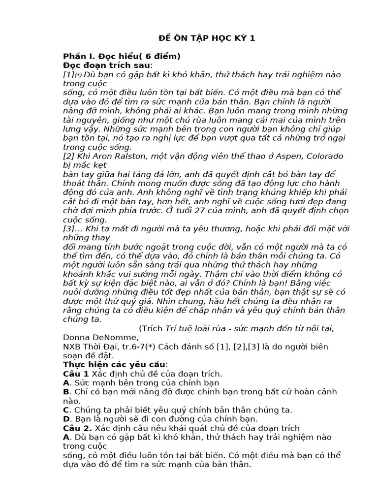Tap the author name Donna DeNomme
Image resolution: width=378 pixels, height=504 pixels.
click(x=101, y=337)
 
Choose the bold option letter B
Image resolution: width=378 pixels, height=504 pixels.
click(x=66, y=392)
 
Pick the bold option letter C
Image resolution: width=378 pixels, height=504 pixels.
click(x=66, y=409)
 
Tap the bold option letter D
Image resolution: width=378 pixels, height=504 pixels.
click(x=66, y=419)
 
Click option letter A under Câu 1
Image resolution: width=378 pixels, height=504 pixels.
click(x=66, y=382)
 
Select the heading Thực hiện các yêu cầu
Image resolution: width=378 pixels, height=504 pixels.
click(x=115, y=364)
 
